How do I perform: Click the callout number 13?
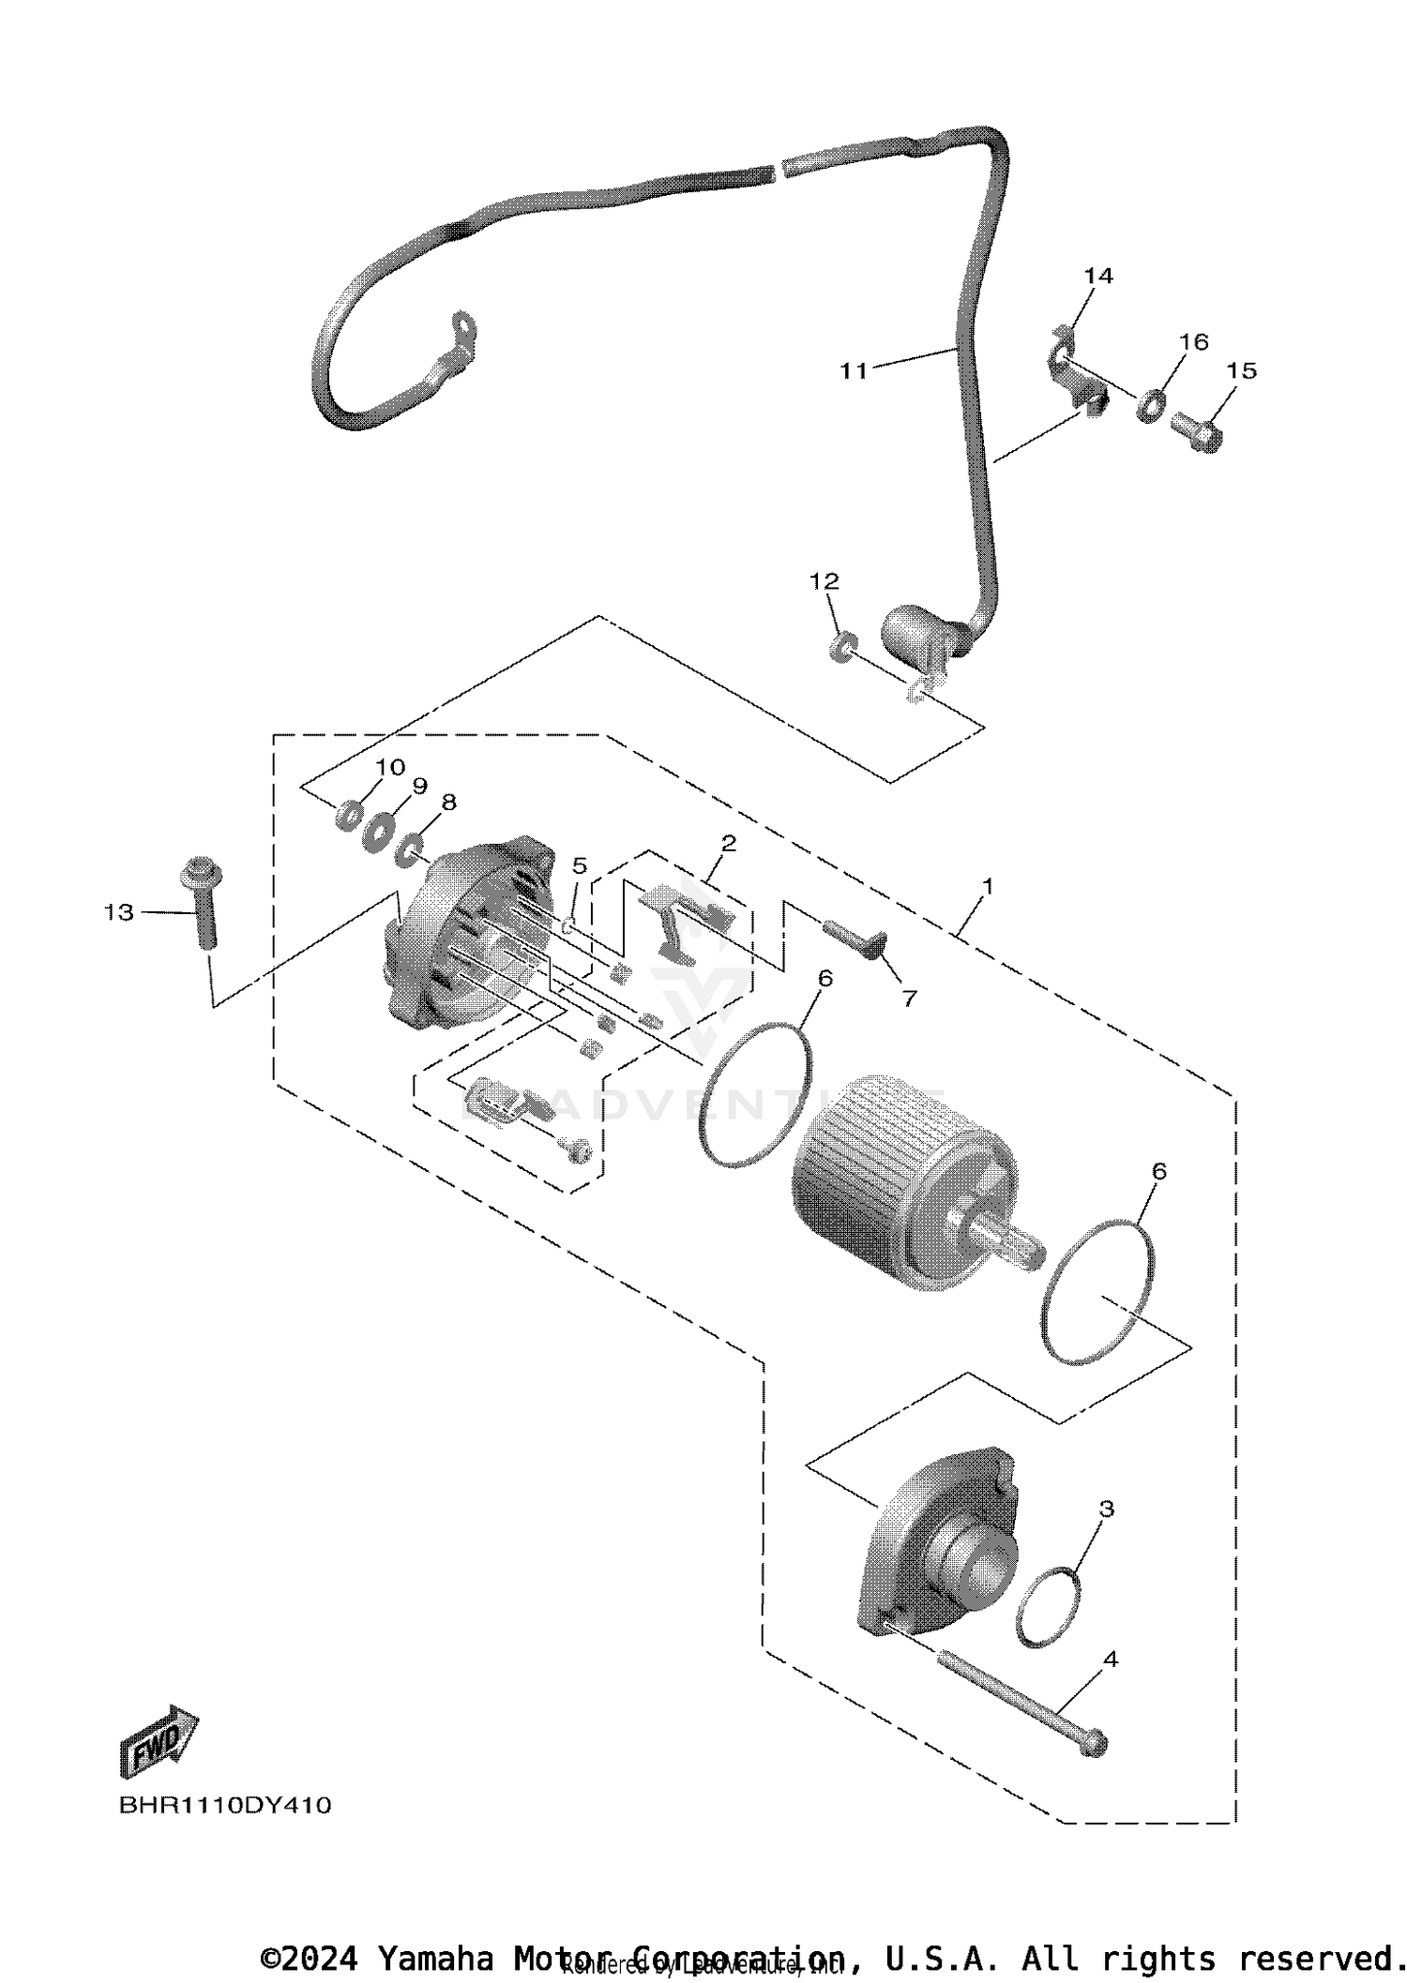tap(119, 912)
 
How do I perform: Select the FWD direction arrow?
tap(159, 1742)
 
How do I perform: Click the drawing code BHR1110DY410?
tap(224, 1806)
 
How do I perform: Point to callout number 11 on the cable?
tap(854, 371)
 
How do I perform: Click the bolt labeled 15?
tap(1198, 434)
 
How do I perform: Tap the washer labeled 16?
tap(1151, 407)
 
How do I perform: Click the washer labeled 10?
tap(349, 815)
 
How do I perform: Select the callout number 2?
tap(728, 843)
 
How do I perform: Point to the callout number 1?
tap(987, 885)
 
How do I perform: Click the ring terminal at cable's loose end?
tap(462, 330)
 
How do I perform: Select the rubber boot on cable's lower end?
tap(915, 634)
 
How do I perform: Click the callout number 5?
tap(580, 865)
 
